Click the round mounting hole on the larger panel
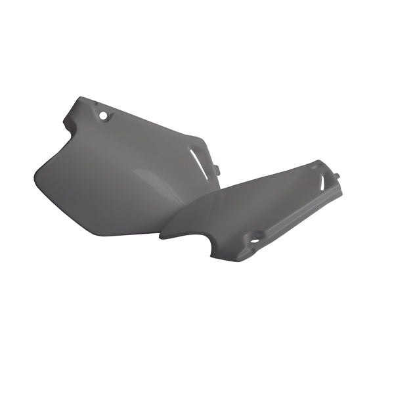click(102, 116)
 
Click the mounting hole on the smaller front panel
click(254, 240)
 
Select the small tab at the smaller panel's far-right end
click(337, 177)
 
